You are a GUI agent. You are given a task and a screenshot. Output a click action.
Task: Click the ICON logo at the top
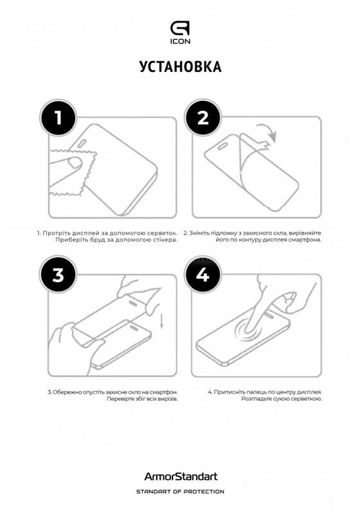(180, 33)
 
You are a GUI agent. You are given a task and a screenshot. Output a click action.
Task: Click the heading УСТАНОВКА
(180, 67)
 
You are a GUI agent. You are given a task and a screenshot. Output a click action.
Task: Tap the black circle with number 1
(58, 118)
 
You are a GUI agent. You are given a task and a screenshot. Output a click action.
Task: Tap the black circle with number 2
(203, 118)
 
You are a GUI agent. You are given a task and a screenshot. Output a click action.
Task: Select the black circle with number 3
(58, 275)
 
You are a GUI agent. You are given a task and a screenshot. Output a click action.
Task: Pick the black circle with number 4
(203, 275)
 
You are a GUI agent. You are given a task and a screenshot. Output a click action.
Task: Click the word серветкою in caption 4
(301, 399)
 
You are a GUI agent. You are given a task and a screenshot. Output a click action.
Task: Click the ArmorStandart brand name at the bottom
(180, 477)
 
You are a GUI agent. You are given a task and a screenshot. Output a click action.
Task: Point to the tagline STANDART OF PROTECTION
(180, 492)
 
